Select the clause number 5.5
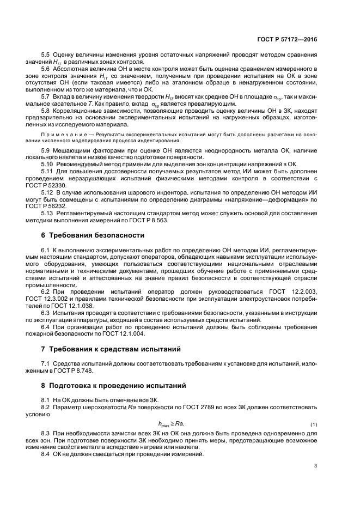pos(45,55)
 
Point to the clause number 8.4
pos(45,454)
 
